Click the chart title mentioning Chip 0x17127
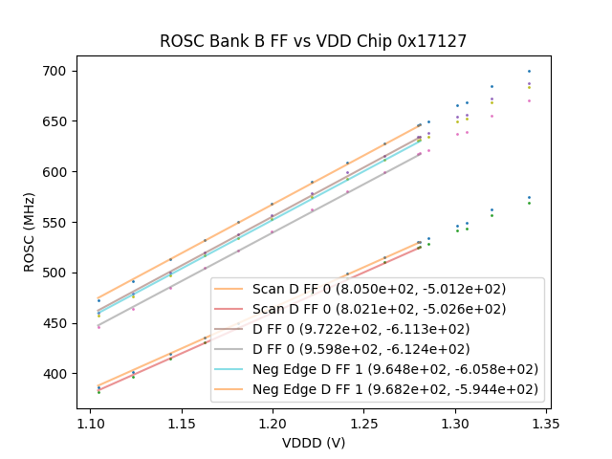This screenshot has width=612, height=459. (x=313, y=40)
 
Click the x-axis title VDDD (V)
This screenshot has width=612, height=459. (x=313, y=442)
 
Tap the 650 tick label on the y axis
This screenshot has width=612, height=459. (x=57, y=121)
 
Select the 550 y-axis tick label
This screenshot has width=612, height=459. (x=57, y=223)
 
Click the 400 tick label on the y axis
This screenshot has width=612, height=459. (x=57, y=374)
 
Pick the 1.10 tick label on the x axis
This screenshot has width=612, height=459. (x=90, y=422)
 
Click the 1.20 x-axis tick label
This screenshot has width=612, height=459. (x=273, y=422)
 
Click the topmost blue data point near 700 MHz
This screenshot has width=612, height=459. (x=529, y=72)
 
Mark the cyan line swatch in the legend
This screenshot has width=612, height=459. (x=231, y=369)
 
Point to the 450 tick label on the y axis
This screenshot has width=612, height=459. (x=57, y=323)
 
